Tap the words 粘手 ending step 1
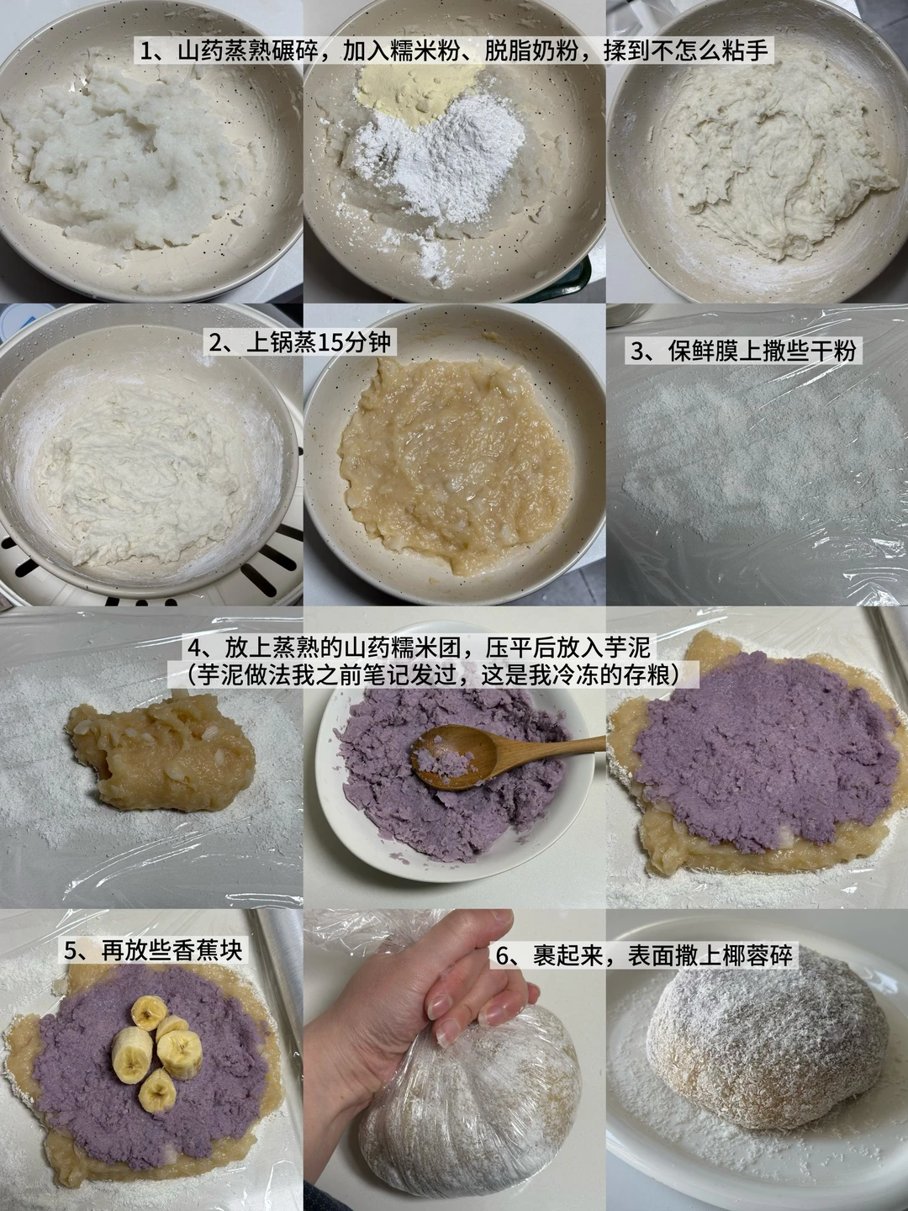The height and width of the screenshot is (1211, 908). [x=748, y=52]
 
